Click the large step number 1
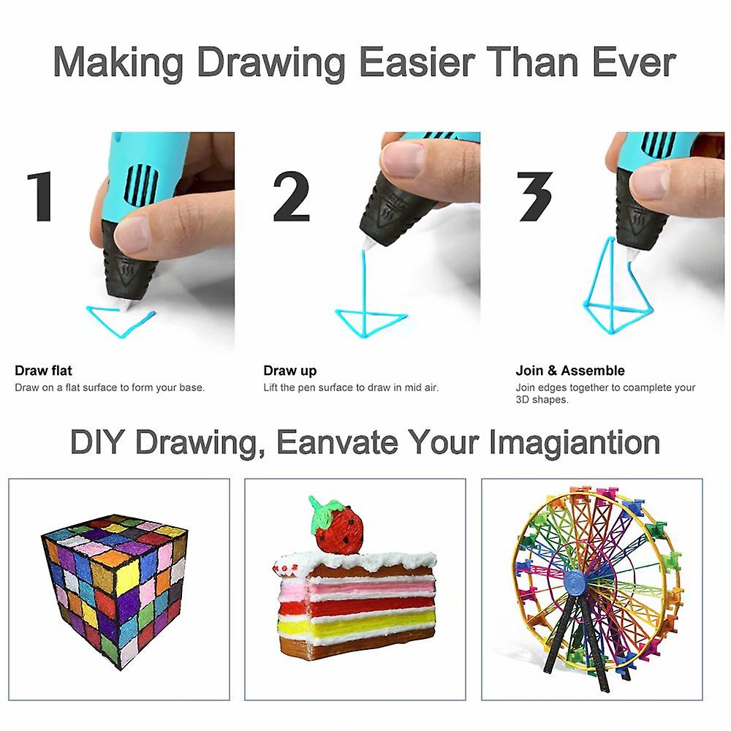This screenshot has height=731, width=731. [x=39, y=196]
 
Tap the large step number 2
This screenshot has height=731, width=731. [x=292, y=196]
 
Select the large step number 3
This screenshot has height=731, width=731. [x=535, y=196]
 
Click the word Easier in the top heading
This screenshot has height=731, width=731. [x=417, y=62]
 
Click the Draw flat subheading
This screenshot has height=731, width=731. [x=43, y=371]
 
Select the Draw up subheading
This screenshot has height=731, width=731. [x=290, y=371]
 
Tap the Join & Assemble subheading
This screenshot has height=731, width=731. [x=570, y=371]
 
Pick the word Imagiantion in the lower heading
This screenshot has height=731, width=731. [x=575, y=443]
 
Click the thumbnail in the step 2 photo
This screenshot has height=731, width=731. [x=404, y=157]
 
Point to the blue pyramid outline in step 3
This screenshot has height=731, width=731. [x=616, y=287]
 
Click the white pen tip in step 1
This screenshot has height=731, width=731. [x=125, y=304]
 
